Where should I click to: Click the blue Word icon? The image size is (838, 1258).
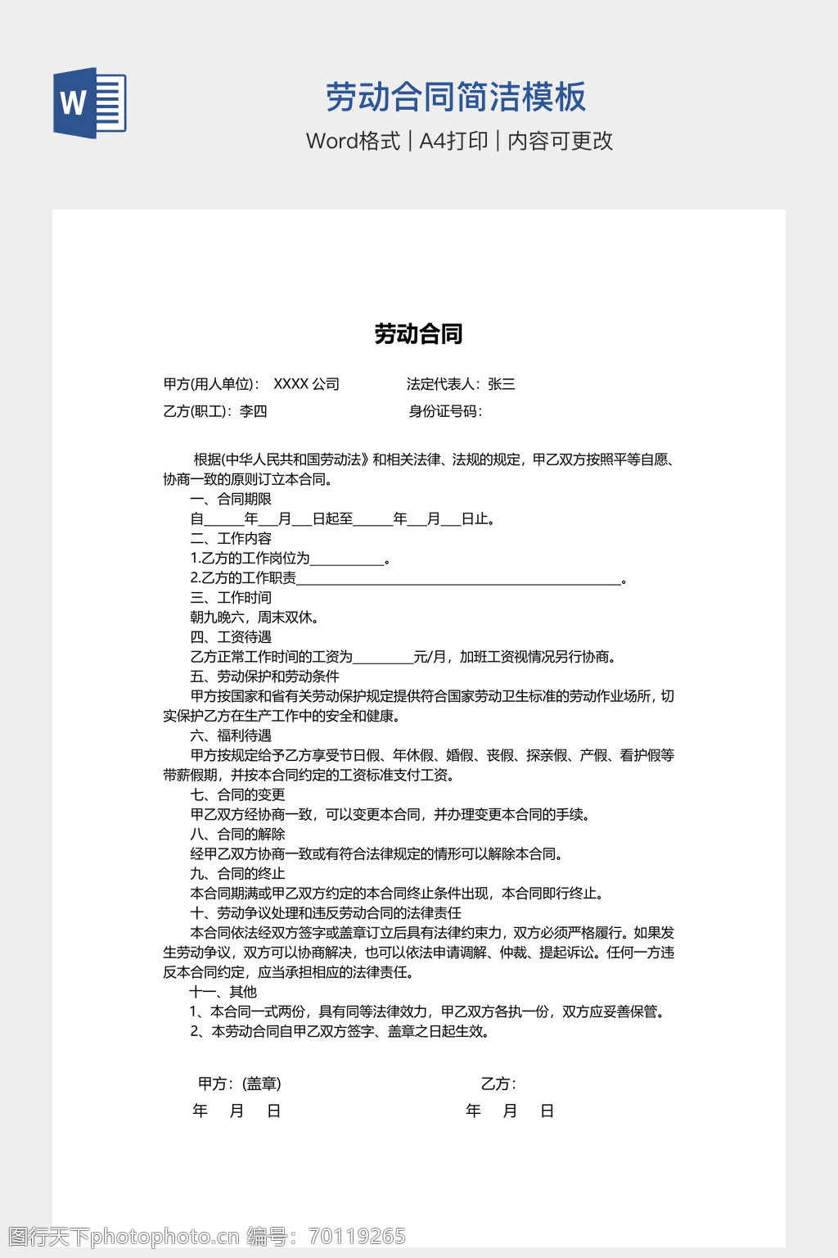pyautogui.click(x=90, y=102)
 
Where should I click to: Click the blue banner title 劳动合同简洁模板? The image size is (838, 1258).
pyautogui.click(x=456, y=97)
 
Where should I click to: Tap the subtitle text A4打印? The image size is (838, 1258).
pyautogui.click(x=453, y=141)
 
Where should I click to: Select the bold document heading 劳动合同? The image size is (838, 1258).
pyautogui.click(x=418, y=334)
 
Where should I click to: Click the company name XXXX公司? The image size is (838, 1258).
pyautogui.click(x=306, y=384)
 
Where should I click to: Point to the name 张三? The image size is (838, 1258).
pyautogui.click(x=502, y=384)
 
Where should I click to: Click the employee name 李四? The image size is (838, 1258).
pyautogui.click(x=254, y=411)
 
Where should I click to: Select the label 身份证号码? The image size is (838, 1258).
pyautogui.click(x=444, y=411)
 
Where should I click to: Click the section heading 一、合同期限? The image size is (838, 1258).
pyautogui.click(x=231, y=499)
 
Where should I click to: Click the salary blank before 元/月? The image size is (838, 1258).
pyautogui.click(x=383, y=658)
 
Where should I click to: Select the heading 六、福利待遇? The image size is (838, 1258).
pyautogui.click(x=231, y=735)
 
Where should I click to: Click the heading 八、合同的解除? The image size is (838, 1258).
pyautogui.click(x=237, y=834)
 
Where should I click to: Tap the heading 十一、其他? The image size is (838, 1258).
pyautogui.click(x=223, y=992)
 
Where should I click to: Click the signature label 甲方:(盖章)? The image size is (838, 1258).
pyautogui.click(x=239, y=1084)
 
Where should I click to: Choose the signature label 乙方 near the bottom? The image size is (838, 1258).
pyautogui.click(x=497, y=1084)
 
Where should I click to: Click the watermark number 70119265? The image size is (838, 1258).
pyautogui.click(x=357, y=1236)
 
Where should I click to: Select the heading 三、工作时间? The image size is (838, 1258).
pyautogui.click(x=231, y=598)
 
